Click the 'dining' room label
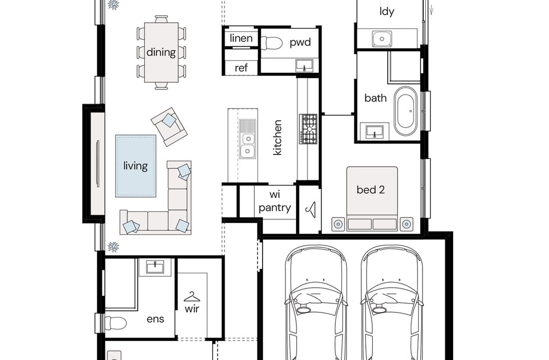[x=161, y=52]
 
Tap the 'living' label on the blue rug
[x=136, y=166]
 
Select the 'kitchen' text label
[x=277, y=137]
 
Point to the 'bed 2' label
[x=371, y=190]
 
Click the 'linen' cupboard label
[x=241, y=38]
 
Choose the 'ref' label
[x=241, y=68]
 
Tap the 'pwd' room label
[x=300, y=43]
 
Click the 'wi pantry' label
[x=275, y=201]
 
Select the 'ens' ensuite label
[x=155, y=319]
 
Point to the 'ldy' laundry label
[x=387, y=12]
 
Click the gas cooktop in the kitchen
[x=308, y=129]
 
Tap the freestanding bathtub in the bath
[x=406, y=111]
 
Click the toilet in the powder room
[x=271, y=43]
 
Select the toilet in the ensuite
[x=116, y=323]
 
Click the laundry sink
[x=382, y=39]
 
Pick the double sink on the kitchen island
[x=248, y=139]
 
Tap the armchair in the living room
[x=169, y=127]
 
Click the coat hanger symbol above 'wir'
[x=192, y=297]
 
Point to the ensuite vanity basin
[x=155, y=267]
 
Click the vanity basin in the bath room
[x=374, y=132]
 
